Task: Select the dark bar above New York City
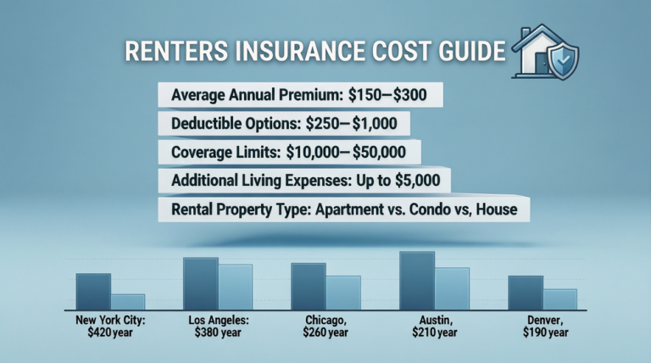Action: pyautogui.click(x=93, y=291)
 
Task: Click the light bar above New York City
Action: pyautogui.click(x=128, y=301)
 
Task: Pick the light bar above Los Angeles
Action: pyautogui.click(x=236, y=287)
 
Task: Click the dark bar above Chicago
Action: pyautogui.click(x=308, y=286)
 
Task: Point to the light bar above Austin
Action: pyautogui.click(x=452, y=288)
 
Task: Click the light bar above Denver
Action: pyautogui.click(x=559, y=299)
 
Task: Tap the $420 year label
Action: pyautogui.click(x=110, y=333)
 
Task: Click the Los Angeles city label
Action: pyautogui.click(x=218, y=321)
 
